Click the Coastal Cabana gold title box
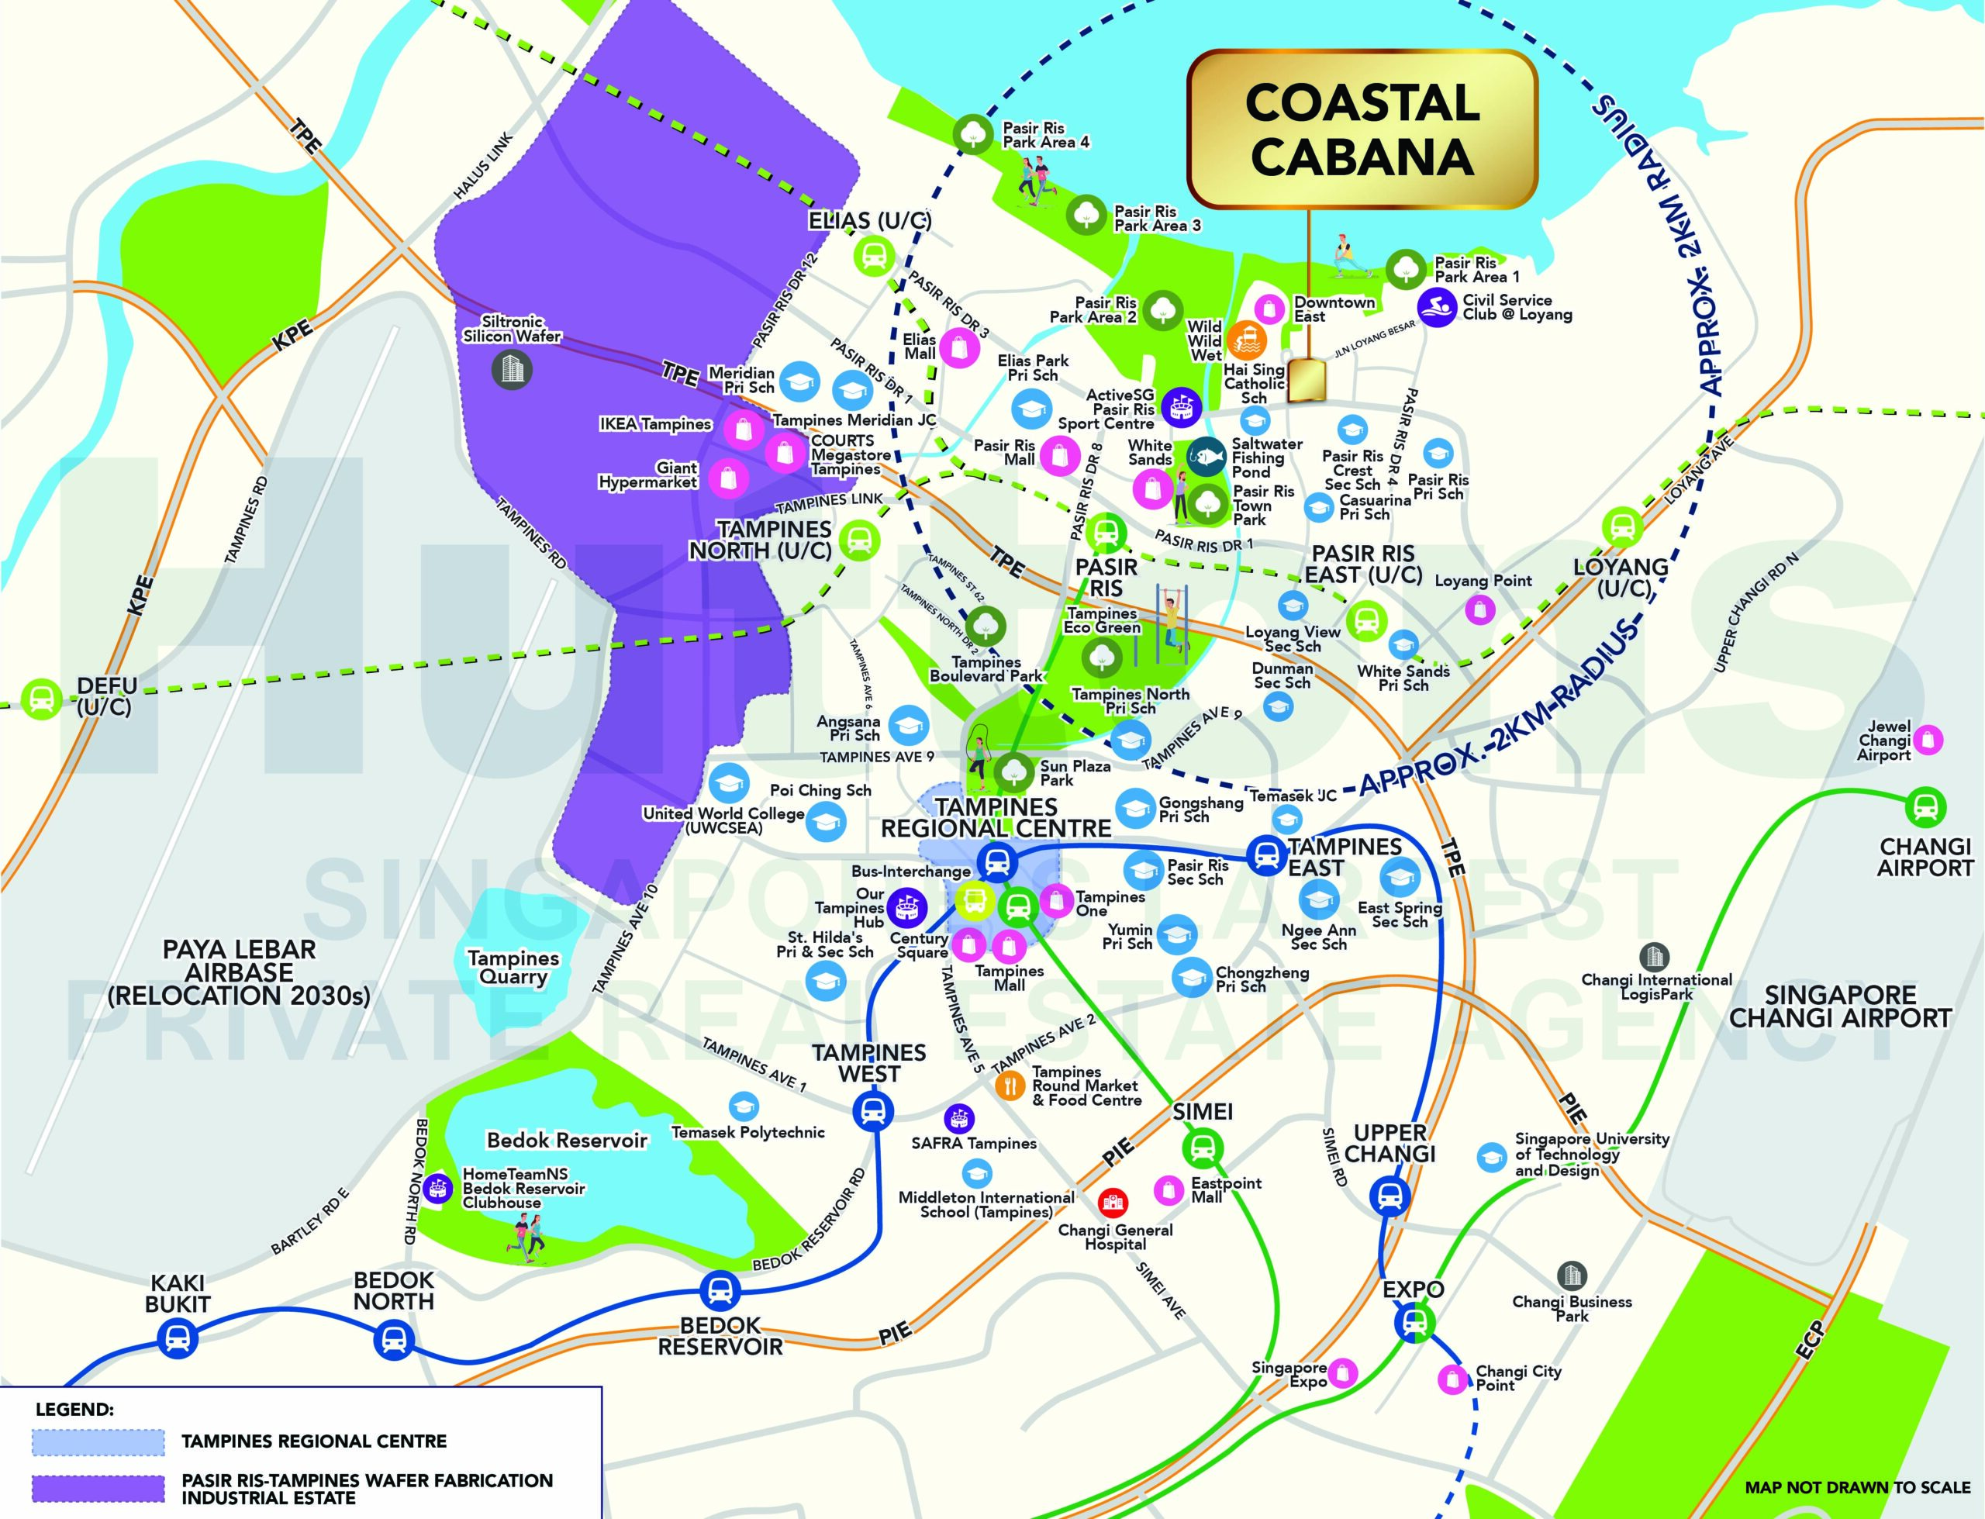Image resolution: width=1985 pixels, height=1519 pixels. tap(1362, 129)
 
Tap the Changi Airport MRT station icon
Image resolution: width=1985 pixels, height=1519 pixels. tap(1925, 807)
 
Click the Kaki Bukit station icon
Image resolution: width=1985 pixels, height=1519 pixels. tap(176, 1338)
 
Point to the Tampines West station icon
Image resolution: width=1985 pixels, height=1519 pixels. tap(872, 1111)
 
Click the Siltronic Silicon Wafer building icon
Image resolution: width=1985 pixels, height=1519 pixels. tap(512, 368)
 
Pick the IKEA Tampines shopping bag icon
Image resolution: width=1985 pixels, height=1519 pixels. tap(743, 430)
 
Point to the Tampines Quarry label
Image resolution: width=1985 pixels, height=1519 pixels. tap(513, 967)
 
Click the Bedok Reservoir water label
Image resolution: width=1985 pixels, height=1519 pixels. tap(567, 1140)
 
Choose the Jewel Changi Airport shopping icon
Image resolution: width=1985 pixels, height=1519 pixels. tap(1926, 740)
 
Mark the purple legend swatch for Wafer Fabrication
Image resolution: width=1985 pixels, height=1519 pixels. tap(98, 1487)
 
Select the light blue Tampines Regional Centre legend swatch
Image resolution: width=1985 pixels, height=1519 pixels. tap(98, 1441)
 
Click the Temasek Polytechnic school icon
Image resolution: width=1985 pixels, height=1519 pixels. tap(744, 1106)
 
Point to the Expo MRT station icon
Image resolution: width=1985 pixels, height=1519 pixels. tap(1411, 1323)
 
